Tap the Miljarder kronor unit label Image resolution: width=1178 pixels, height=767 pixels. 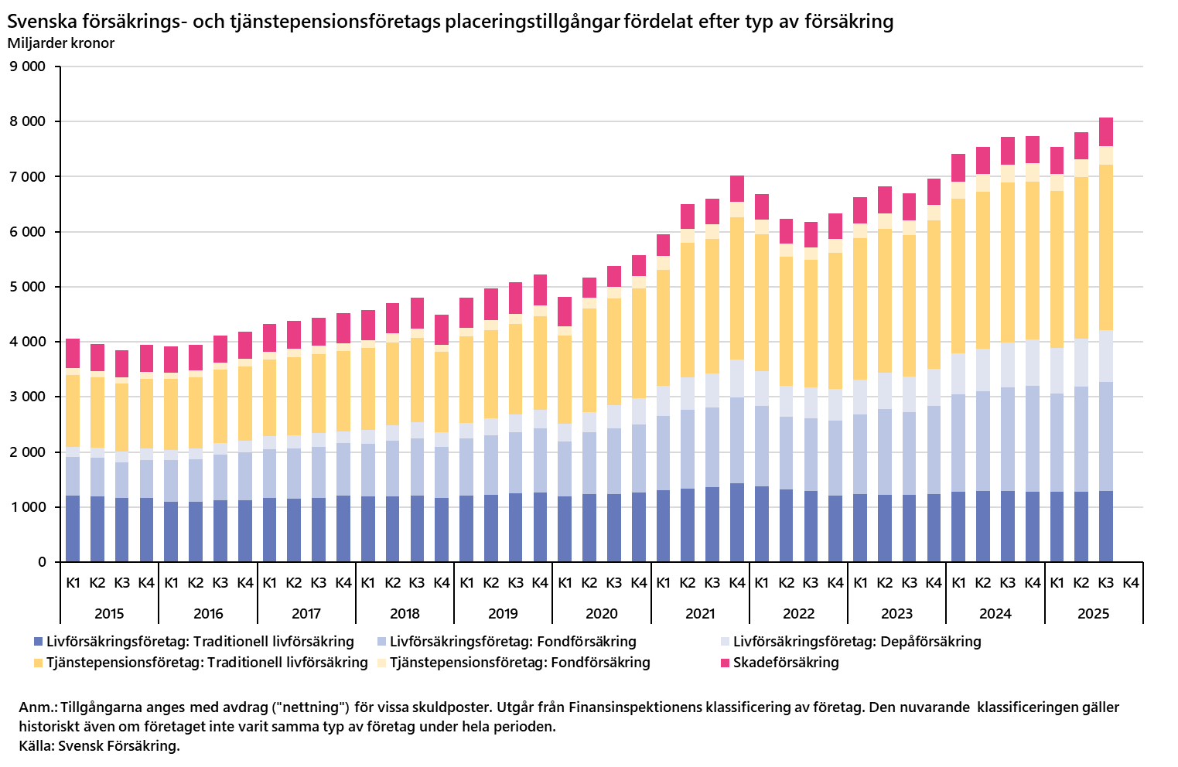point(61,43)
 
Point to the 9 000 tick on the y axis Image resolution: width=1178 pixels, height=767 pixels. point(28,66)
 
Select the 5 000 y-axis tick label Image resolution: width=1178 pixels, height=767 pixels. point(28,287)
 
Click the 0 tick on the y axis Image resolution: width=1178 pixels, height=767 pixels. point(42,562)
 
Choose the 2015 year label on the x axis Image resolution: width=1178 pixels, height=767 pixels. point(109,614)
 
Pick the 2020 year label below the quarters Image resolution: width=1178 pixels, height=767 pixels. point(602,614)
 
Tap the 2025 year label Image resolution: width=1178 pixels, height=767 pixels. point(1094,614)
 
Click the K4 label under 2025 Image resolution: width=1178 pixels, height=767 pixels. point(1131,583)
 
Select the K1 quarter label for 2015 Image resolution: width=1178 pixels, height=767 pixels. point(73,583)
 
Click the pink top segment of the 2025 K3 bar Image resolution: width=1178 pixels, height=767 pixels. point(1106,132)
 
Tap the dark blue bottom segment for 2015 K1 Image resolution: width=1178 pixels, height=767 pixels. point(73,529)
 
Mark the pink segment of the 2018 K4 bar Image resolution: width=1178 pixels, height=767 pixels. point(442,329)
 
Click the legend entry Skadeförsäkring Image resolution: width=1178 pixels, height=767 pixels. point(786,663)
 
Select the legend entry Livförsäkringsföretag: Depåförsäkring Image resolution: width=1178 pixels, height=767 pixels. point(856,642)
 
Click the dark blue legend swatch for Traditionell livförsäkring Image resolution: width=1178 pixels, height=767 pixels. point(38,642)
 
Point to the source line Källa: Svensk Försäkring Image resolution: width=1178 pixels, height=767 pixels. point(100,746)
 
